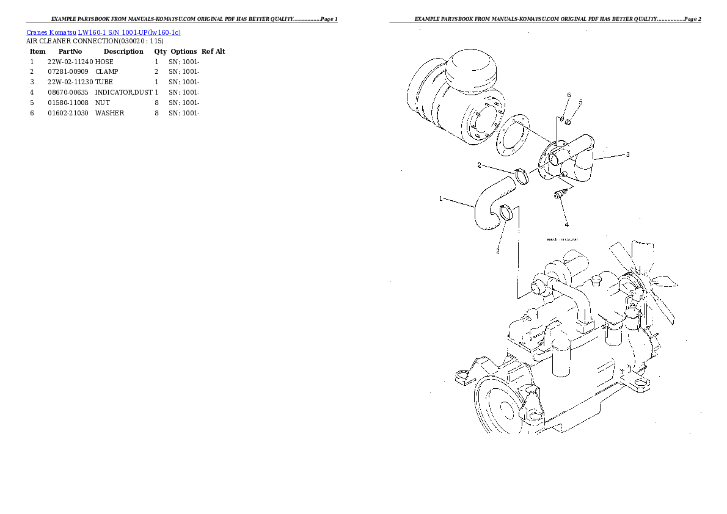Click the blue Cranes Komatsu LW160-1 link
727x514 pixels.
pos(103,32)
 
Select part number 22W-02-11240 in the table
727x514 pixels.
pos(70,62)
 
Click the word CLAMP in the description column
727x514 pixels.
pos(107,72)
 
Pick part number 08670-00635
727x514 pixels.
pos(67,92)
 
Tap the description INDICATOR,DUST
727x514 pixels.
pos(123,92)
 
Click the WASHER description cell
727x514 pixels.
pos(109,113)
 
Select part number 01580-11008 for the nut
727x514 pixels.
pos(67,103)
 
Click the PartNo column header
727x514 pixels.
pos(70,51)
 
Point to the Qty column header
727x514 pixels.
pos(160,51)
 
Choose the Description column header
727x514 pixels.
pos(123,51)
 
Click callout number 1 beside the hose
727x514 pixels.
pos(441,198)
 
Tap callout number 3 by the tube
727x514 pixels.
pos(627,154)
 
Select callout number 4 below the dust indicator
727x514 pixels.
pos(566,224)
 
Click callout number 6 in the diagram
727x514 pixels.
pos(569,95)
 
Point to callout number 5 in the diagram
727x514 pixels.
pos(581,102)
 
